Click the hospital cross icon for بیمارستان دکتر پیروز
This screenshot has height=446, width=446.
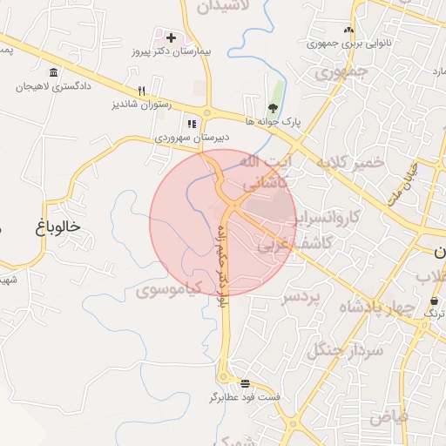[x=171, y=38]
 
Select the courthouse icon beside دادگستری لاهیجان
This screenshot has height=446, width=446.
[x=54, y=72]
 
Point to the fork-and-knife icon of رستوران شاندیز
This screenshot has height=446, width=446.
[x=141, y=91]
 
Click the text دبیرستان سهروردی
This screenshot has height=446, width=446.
[x=192, y=138]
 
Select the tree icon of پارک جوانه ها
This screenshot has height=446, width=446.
[x=274, y=108]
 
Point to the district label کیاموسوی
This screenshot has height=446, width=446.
[x=170, y=287]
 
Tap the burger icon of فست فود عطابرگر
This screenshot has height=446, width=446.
[x=245, y=383]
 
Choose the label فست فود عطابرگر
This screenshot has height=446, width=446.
[x=245, y=397]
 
